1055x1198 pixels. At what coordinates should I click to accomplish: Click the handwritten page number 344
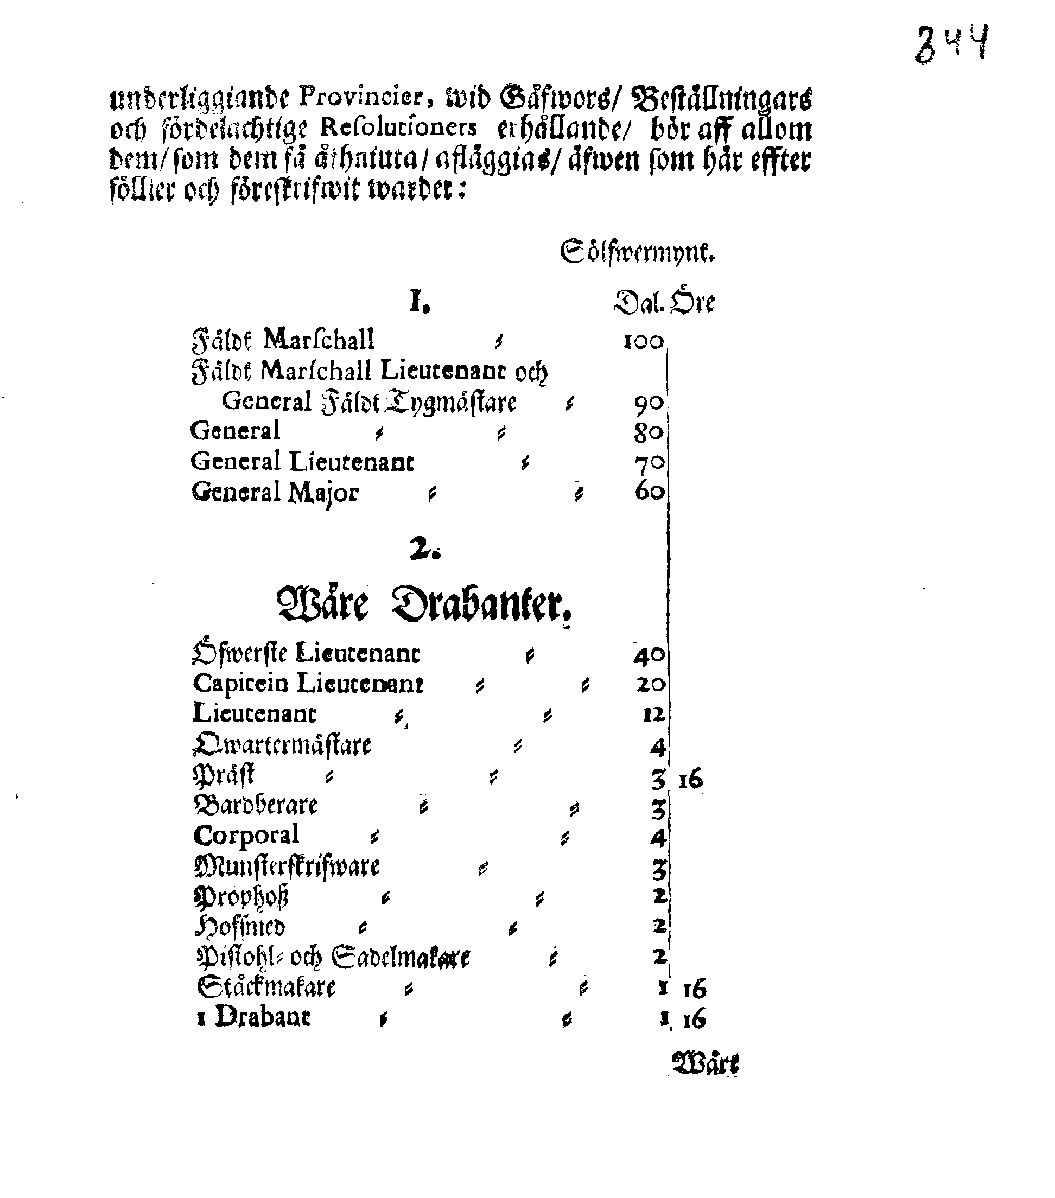click(x=951, y=43)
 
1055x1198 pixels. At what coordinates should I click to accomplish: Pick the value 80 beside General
click(x=648, y=432)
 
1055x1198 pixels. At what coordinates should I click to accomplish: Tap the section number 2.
click(x=424, y=549)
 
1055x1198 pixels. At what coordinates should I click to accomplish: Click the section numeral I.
click(x=418, y=302)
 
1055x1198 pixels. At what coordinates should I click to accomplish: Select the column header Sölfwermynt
click(x=637, y=252)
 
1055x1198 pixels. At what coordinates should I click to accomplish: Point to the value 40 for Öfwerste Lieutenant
click(x=649, y=655)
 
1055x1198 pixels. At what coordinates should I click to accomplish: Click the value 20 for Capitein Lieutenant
click(x=650, y=685)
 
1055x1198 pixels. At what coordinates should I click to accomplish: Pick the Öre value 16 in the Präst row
click(x=690, y=780)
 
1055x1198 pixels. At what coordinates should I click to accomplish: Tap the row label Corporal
click(x=246, y=836)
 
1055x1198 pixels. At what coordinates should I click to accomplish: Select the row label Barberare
click(x=256, y=806)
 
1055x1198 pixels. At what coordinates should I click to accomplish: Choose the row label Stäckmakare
click(x=266, y=987)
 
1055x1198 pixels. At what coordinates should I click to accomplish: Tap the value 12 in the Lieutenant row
click(x=653, y=715)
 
